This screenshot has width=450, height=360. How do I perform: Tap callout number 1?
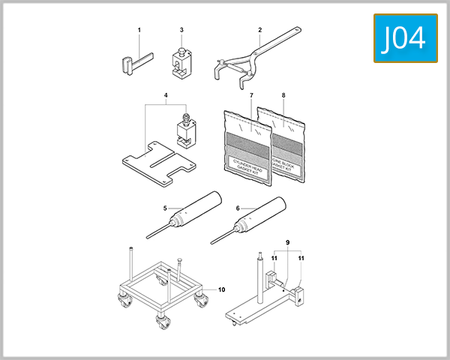pos(139,30)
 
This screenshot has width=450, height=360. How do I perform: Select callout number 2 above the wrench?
pos(259,30)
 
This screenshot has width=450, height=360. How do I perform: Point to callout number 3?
pos(181,30)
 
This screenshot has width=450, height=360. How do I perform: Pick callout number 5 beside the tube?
pos(164,208)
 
